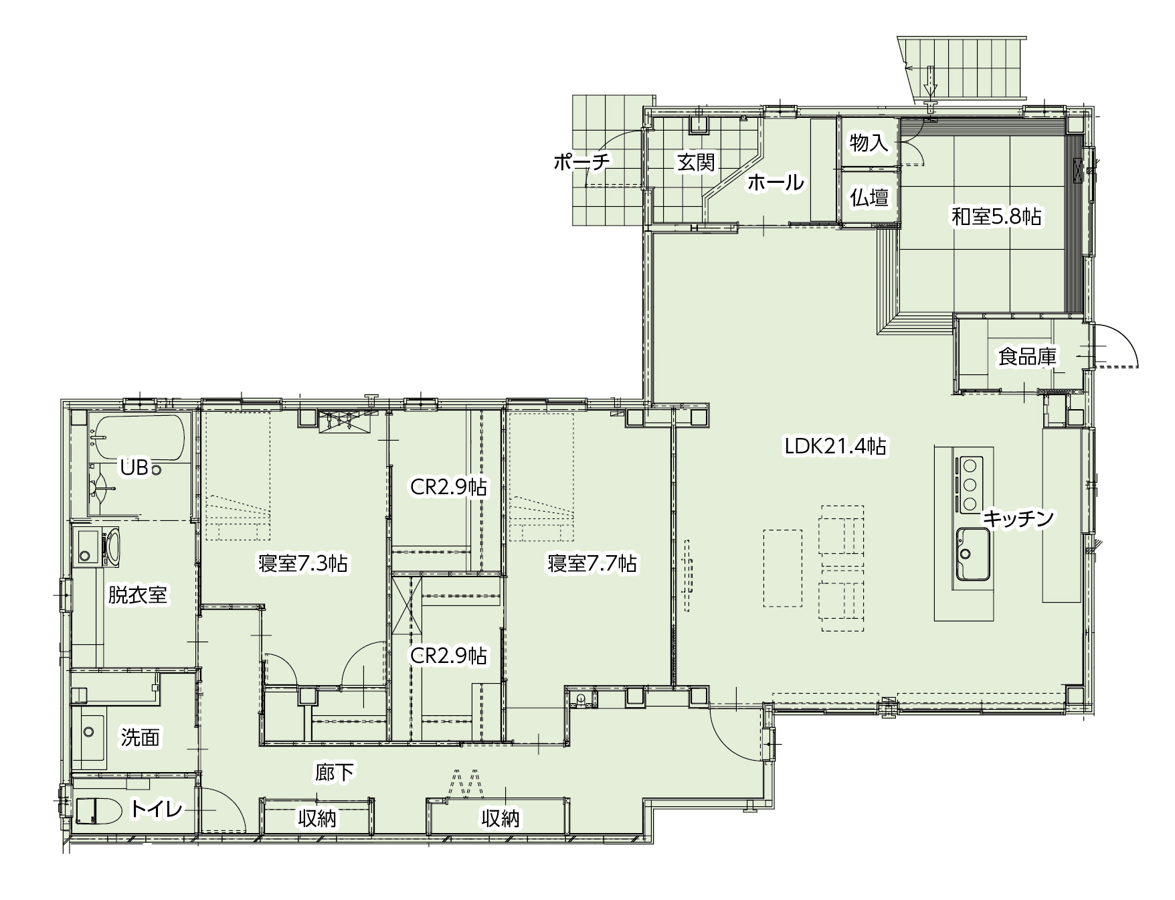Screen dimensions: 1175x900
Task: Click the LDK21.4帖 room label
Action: (x=836, y=447)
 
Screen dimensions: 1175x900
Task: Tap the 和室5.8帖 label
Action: (x=996, y=216)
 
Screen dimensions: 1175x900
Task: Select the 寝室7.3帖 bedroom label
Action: (x=303, y=563)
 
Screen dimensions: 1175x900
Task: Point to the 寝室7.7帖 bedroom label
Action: (x=592, y=563)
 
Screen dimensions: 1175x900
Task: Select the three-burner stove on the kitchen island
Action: (x=970, y=484)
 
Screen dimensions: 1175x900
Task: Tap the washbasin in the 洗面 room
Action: (x=93, y=741)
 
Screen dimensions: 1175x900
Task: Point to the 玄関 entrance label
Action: (x=696, y=162)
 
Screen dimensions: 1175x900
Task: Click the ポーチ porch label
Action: (x=581, y=163)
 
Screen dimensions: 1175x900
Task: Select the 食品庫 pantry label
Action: (x=1027, y=357)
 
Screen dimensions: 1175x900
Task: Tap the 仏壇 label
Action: (x=869, y=198)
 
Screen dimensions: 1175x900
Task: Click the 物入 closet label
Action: (x=869, y=143)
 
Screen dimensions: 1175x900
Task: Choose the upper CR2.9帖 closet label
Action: (x=448, y=487)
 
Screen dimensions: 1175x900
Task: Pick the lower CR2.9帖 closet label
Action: (x=448, y=656)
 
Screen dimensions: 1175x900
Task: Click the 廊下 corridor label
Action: (x=334, y=773)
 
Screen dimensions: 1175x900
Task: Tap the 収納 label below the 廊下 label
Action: (x=317, y=818)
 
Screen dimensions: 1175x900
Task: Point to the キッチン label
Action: (x=1018, y=518)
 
